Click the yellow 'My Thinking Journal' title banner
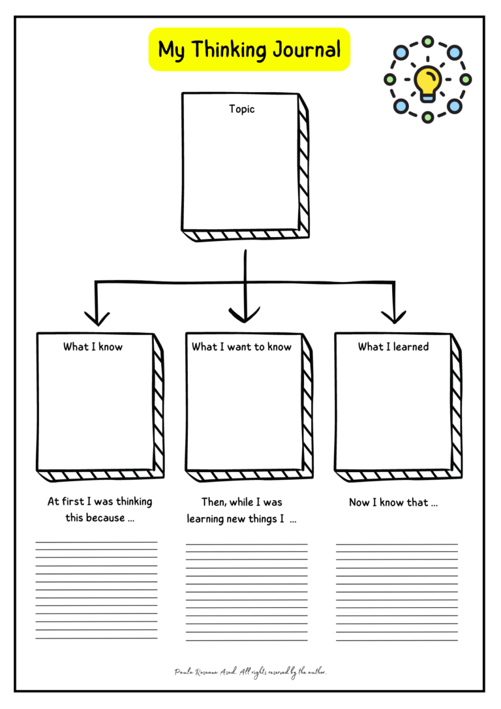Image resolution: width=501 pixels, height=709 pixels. point(249,50)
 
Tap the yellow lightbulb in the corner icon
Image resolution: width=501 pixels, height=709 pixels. point(428,82)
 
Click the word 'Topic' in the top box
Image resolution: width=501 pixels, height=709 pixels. point(241,109)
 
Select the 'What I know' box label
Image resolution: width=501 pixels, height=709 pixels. point(93,347)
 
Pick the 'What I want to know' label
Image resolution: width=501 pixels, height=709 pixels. point(241,347)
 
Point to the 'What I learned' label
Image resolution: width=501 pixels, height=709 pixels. point(393,347)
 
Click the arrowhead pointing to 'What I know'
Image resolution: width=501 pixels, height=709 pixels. point(97,318)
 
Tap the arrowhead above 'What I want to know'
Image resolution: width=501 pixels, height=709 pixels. point(245,315)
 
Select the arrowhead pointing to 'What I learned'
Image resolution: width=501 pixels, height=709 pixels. point(393,317)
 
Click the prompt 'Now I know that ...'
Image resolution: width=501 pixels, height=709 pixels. point(393,503)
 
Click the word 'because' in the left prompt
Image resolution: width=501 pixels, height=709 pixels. point(104,518)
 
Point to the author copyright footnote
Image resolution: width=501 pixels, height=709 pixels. point(250,672)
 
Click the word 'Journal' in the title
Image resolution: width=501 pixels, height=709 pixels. point(308,50)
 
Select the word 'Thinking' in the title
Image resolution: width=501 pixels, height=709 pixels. point(228,50)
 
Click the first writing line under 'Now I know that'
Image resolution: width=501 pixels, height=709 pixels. point(397,544)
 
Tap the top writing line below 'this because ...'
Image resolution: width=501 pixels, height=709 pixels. point(96,542)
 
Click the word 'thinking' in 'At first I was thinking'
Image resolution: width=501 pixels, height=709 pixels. point(134,503)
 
